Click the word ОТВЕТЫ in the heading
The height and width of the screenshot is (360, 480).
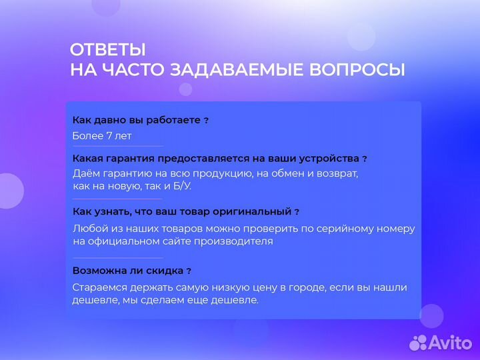107,50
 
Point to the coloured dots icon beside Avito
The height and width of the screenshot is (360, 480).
419,342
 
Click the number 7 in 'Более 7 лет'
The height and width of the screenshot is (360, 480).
109,136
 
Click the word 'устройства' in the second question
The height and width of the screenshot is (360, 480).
331,159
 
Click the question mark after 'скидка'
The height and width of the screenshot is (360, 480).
189,271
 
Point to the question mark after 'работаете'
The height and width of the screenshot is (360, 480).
206,121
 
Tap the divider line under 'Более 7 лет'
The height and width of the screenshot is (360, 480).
117,146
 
